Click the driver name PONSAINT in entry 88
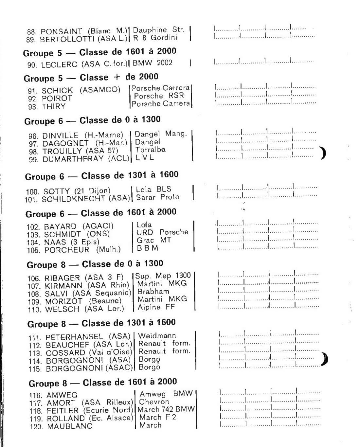[x=61, y=32]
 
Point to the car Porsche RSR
[x=159, y=96]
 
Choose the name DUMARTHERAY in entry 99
[x=73, y=159]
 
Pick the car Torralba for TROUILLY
[x=151, y=150]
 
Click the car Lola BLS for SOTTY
[x=153, y=189]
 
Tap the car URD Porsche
[x=162, y=232]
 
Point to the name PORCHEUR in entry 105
[x=67, y=250]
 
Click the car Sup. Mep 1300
[x=163, y=276]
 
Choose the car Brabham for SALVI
[x=153, y=291]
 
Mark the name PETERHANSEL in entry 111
[x=74, y=337]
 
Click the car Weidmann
[x=157, y=335]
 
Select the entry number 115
[x=35, y=369]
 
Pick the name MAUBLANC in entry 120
[x=70, y=426]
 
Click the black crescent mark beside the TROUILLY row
[x=323, y=153]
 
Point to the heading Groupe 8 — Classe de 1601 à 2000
[x=102, y=383]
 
